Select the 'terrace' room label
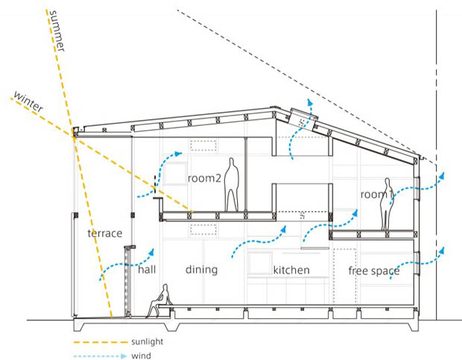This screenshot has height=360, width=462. click(104, 233)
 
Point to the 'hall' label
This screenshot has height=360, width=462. click(147, 270)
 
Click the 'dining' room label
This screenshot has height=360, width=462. click(201, 270)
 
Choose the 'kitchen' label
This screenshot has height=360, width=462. click(291, 270)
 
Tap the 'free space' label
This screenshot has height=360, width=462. click(374, 271)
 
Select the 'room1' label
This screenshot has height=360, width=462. click(377, 195)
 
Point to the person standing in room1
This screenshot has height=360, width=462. click(386, 204)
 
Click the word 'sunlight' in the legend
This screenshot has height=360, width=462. click(145, 341)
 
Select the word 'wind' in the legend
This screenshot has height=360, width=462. click(139, 355)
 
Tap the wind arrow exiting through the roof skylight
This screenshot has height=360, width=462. click(302, 127)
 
